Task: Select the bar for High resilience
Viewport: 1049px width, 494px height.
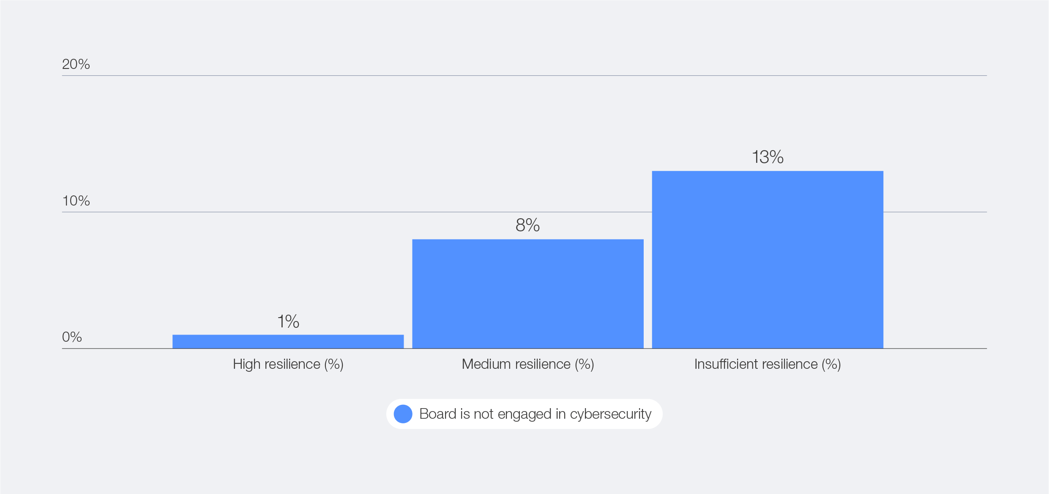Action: coord(288,341)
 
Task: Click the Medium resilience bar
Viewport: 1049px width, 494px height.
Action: coord(527,294)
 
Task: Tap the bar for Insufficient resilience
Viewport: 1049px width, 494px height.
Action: coord(767,260)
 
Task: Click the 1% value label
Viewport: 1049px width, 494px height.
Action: coord(288,321)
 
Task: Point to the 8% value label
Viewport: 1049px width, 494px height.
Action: coord(527,225)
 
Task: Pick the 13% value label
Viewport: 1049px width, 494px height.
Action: coord(768,157)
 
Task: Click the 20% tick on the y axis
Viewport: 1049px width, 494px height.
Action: coord(76,64)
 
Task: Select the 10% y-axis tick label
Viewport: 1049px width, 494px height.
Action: coord(76,200)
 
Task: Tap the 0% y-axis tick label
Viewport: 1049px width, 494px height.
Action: coord(72,337)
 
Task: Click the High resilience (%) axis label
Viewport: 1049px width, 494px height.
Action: coord(288,364)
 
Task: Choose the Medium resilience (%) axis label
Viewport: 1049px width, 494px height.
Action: coord(527,364)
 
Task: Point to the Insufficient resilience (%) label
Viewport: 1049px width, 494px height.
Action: coord(767,364)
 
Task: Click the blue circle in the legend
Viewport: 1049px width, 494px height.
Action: coord(403,414)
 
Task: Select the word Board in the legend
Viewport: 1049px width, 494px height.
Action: coord(437,414)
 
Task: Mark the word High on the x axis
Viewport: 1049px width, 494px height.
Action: coord(246,365)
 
